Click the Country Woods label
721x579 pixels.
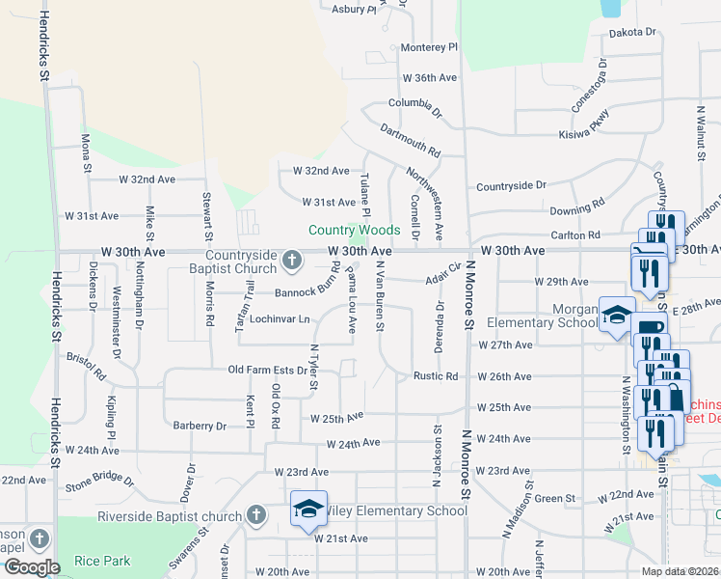[x=354, y=230]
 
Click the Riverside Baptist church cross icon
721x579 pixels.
[x=256, y=515]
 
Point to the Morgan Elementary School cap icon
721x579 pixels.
[x=617, y=315]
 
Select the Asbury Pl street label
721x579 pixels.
[x=354, y=9]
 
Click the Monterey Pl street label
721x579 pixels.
[x=429, y=46]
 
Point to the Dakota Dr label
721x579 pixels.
[x=632, y=32]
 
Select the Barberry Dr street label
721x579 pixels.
[x=200, y=426]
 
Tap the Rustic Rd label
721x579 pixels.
[x=435, y=376]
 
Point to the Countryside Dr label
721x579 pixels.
[x=511, y=184]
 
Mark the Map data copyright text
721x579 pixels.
[x=681, y=571]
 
